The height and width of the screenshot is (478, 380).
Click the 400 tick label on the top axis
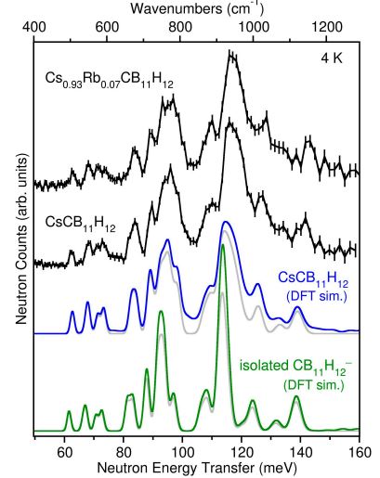(34, 28)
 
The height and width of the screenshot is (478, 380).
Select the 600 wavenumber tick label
(107, 28)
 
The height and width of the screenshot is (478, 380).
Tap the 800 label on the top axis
(180, 28)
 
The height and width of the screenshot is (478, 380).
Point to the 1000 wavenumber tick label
(253, 28)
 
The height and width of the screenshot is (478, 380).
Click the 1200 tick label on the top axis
(326, 28)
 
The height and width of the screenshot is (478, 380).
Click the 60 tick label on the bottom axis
(64, 453)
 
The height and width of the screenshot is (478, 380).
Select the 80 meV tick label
(124, 453)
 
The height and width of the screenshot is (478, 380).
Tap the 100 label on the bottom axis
(182, 453)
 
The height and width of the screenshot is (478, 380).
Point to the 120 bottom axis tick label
(242, 453)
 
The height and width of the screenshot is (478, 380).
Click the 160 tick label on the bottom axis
(360, 453)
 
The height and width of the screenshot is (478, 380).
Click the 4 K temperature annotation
(332, 58)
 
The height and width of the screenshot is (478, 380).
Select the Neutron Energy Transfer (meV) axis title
(197, 469)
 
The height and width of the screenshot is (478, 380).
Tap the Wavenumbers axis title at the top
(197, 8)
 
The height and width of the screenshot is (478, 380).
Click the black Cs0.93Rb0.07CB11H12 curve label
(109, 80)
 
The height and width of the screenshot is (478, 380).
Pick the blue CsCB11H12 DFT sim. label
(313, 287)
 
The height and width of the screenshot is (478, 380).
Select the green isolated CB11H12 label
(295, 376)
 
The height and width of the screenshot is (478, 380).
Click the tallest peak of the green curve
(223, 245)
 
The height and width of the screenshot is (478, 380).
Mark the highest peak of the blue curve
(225, 222)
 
